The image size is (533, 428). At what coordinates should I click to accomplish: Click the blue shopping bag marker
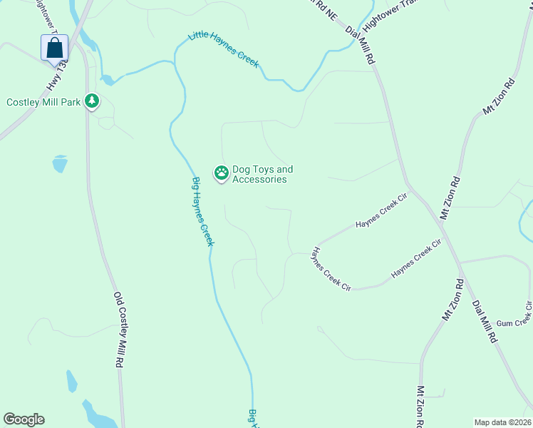pyautogui.click(x=55, y=49)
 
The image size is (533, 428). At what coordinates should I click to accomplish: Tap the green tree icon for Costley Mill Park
pyautogui.click(x=91, y=101)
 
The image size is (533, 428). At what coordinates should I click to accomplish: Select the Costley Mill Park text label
pyautogui.click(x=43, y=102)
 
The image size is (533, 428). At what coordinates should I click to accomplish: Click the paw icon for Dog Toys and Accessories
pyautogui.click(x=222, y=173)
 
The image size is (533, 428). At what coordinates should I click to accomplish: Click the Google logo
pyautogui.click(x=24, y=419)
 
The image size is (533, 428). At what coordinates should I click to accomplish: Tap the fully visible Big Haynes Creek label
pyautogui.click(x=203, y=212)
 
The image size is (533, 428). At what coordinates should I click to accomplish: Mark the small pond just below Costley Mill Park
pyautogui.click(x=60, y=165)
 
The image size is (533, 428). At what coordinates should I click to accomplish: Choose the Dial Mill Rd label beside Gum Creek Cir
pyautogui.click(x=484, y=322)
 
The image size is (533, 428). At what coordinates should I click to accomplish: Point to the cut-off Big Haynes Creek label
pyautogui.click(x=253, y=419)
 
